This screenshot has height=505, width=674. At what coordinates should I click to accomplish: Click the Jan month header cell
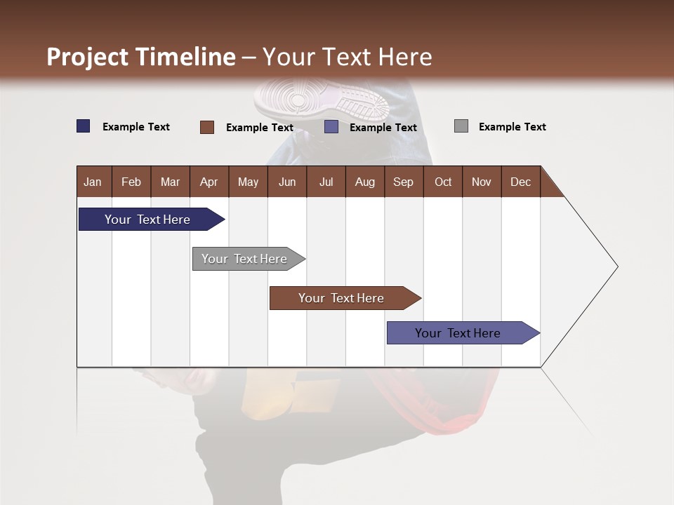pos(93,182)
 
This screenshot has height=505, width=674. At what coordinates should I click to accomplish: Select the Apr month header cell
pos(209,182)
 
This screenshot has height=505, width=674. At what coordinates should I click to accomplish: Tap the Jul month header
pos(326,182)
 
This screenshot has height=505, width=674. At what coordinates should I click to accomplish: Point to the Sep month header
pos(404,182)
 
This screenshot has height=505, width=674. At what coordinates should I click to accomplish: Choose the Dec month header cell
pos(520,182)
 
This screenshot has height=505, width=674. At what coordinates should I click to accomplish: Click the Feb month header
pos(131,182)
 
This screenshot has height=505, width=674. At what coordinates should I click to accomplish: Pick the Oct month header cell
pos(443,182)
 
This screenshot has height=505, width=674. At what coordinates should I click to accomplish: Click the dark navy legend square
pos(84,126)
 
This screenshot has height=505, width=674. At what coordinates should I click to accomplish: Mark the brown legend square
pos(207,127)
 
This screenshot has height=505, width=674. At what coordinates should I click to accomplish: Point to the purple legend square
pos(331,127)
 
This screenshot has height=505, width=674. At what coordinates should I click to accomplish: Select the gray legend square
pos(461,126)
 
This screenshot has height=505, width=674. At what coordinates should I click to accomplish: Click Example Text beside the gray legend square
pos(512,127)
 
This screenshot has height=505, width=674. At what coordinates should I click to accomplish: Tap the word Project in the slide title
pos(87,57)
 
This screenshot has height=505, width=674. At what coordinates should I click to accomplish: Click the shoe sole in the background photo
pos(322,98)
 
